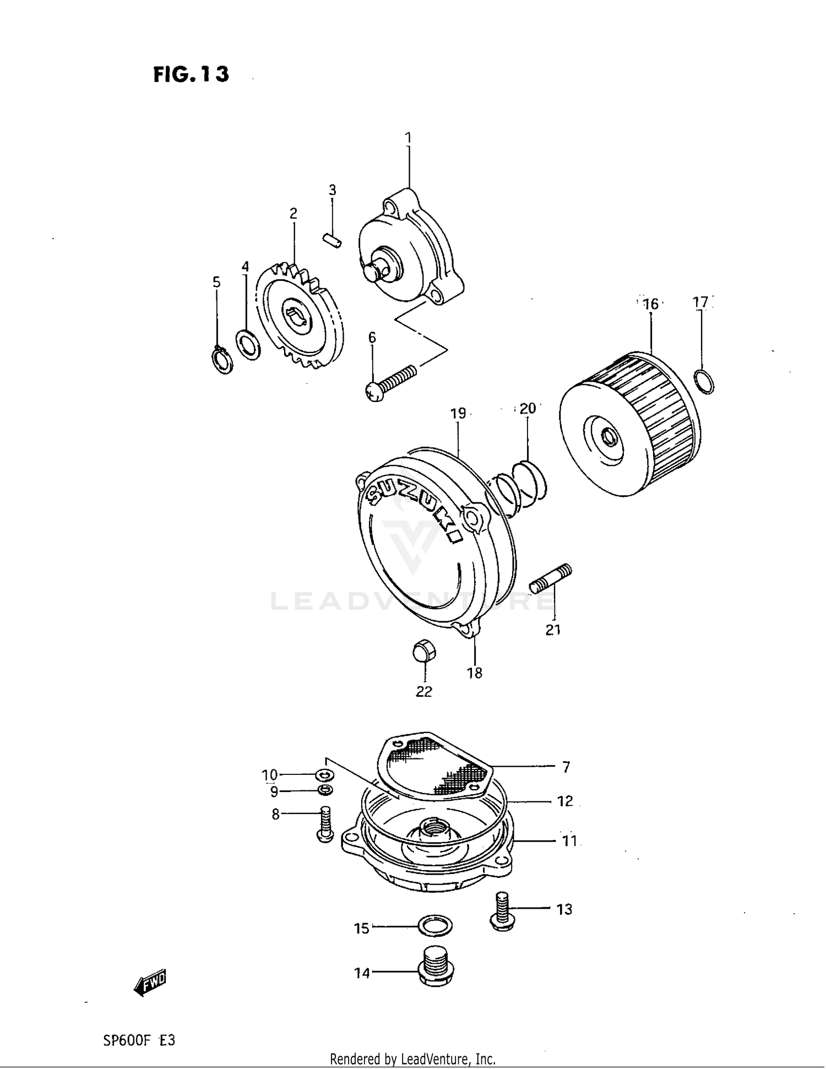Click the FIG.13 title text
[x=191, y=74]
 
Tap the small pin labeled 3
[x=332, y=240]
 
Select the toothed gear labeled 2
[x=300, y=317]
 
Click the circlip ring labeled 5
[x=222, y=361]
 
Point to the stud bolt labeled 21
[x=551, y=578]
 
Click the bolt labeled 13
[x=501, y=911]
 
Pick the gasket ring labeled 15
[x=434, y=927]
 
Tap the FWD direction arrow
[x=150, y=982]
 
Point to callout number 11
[x=569, y=841]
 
